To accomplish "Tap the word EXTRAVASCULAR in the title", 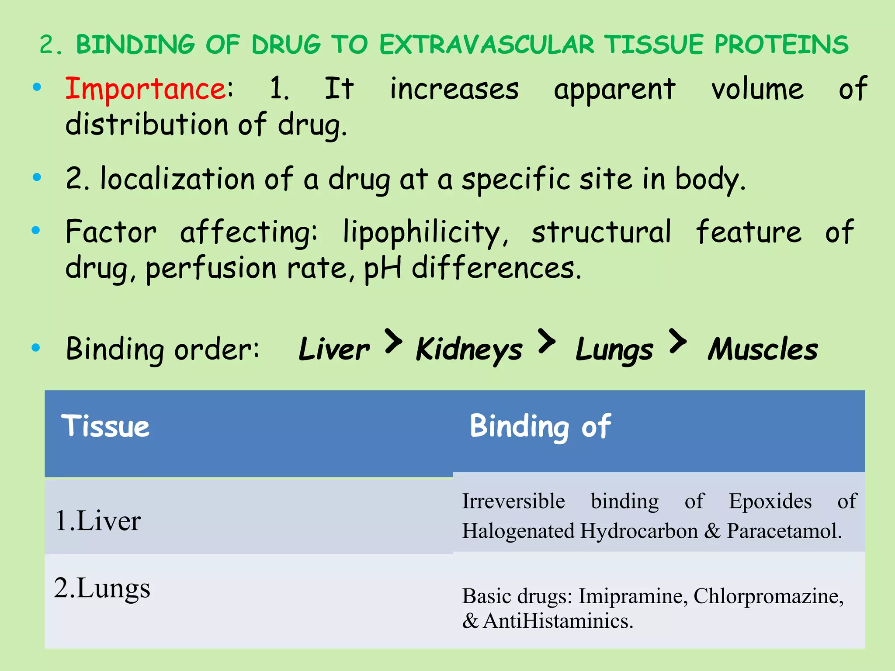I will click(x=487, y=45).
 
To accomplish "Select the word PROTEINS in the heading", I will click(x=781, y=45).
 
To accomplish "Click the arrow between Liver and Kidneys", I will click(x=393, y=341).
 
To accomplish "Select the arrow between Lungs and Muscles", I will click(x=677, y=341).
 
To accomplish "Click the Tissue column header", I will click(x=105, y=426).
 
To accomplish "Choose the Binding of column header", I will click(x=540, y=426).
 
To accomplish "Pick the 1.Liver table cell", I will click(x=98, y=521).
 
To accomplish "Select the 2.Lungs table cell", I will click(x=102, y=588).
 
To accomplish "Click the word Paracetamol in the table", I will click(x=784, y=531).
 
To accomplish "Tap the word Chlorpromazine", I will click(x=768, y=596).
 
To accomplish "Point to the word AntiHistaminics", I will click(x=558, y=621).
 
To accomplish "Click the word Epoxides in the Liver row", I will click(x=770, y=501).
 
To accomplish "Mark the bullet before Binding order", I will click(x=36, y=348).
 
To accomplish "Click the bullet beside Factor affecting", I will click(x=36, y=230).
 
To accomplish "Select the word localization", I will click(x=177, y=180).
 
